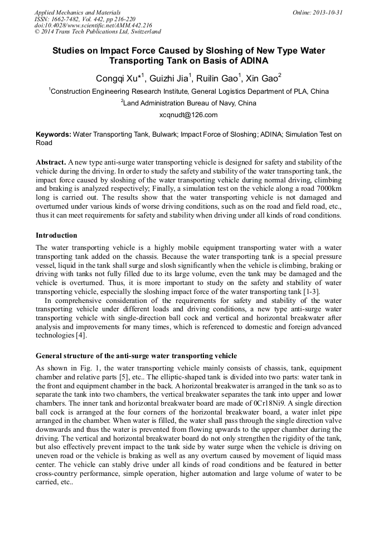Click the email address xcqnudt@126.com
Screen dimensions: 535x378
point(188,115)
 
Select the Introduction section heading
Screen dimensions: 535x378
point(56,235)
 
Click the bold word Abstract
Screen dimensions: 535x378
point(51,161)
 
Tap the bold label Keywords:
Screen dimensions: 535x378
point(54,134)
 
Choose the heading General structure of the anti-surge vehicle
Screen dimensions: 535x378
point(136,356)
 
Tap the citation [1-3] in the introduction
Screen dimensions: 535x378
point(326,292)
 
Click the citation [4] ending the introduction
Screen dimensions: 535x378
point(81,335)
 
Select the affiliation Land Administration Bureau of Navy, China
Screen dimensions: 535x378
point(189,103)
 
